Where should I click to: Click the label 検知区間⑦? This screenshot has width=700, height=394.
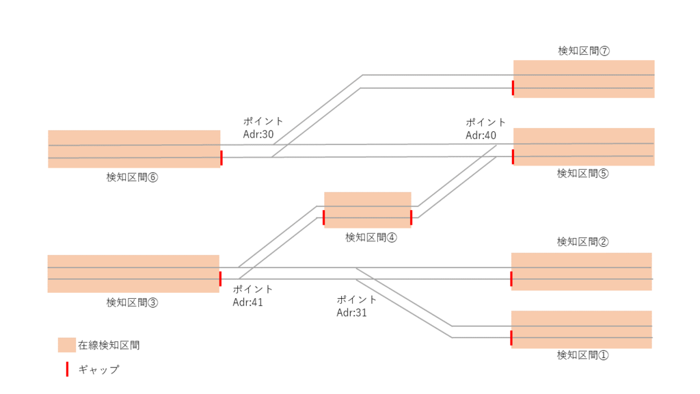[583, 51]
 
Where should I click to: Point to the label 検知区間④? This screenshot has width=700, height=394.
[371, 237]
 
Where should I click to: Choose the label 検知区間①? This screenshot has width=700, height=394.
[582, 355]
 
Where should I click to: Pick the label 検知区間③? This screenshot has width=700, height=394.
[132, 302]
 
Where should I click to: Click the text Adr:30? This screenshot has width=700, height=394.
[258, 134]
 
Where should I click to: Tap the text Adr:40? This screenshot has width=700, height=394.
[481, 135]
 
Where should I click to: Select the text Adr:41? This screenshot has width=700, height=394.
[248, 302]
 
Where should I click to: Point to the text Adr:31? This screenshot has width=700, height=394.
[351, 313]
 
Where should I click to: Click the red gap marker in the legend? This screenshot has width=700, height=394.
[66, 369]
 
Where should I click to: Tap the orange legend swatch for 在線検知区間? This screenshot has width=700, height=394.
[66, 345]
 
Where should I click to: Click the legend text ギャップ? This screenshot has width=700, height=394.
[98, 369]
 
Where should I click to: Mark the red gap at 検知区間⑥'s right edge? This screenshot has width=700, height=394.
[221, 157]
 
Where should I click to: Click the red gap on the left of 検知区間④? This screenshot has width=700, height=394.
[324, 218]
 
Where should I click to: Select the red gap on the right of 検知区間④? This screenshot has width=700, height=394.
[411, 218]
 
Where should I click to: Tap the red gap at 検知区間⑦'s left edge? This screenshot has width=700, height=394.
[513, 88]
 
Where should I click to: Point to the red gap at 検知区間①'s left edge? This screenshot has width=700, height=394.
[511, 338]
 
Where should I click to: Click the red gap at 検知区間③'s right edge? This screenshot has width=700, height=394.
[220, 278]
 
